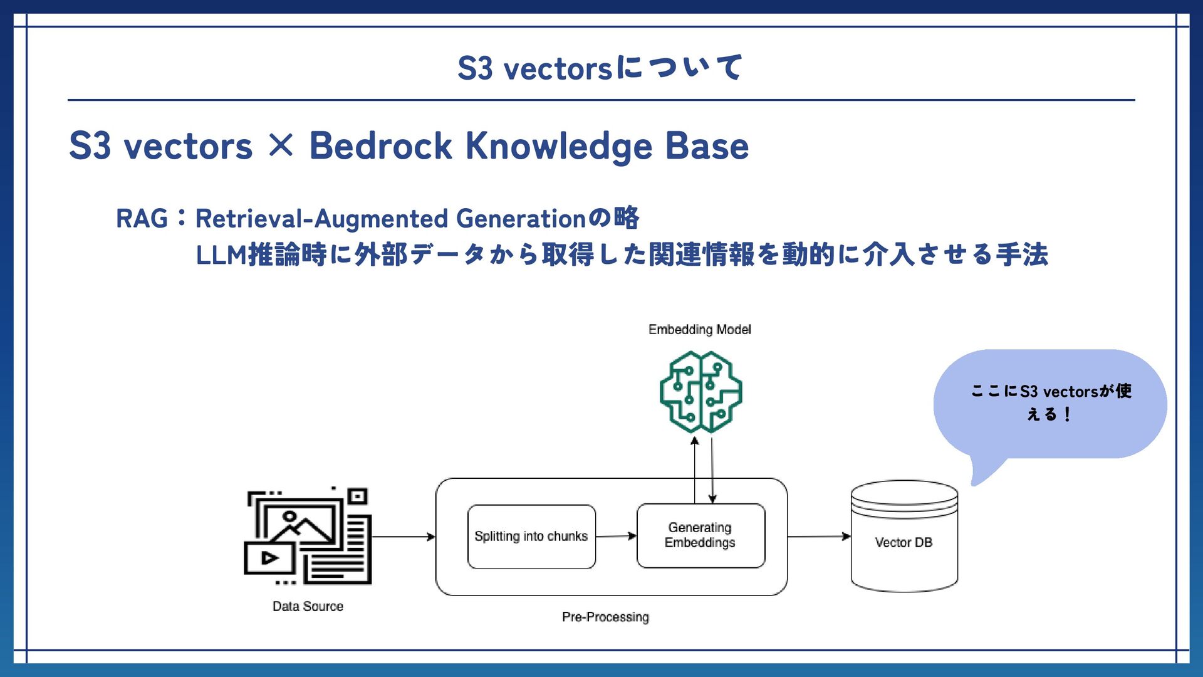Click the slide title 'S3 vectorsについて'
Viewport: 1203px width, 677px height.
coord(600,68)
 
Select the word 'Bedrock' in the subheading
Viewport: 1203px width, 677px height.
coord(380,146)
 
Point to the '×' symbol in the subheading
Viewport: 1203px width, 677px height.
coord(281,145)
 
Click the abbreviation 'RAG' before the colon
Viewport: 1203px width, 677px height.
coord(142,219)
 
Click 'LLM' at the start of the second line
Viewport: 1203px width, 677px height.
coord(221,255)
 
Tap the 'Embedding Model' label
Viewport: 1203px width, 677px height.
coord(699,329)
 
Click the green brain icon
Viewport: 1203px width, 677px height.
coord(700,392)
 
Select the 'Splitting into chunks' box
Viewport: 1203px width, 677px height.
coord(531,537)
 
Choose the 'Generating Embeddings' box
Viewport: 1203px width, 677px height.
coord(700,535)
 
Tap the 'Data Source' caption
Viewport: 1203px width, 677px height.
coord(308,606)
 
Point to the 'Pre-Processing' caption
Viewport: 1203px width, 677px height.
coord(605,617)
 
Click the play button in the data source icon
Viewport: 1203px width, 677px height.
coord(269,558)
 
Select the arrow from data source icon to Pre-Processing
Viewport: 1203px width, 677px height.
coord(403,537)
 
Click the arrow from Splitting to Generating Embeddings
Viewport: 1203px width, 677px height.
coord(616,536)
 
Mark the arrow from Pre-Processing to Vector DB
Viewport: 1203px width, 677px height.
coord(819,537)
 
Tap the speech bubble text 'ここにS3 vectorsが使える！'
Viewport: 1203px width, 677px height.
coord(1051,402)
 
